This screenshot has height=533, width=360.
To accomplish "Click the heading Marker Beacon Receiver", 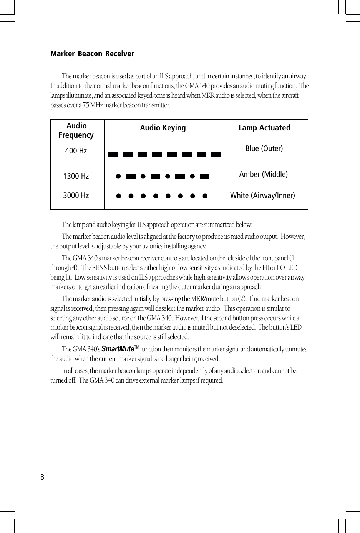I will tap(92, 54).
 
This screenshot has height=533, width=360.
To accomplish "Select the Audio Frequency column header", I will tap(76, 130).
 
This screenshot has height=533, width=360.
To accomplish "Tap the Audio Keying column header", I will tap(163, 128).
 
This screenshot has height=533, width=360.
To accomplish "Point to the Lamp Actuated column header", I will tap(264, 128).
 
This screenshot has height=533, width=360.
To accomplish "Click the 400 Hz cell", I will tap(76, 151).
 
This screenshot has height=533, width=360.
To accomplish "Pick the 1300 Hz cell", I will tap(76, 176).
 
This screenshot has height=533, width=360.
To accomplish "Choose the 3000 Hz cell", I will tap(76, 195).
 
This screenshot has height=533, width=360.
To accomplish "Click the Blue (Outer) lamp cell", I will tap(264, 148).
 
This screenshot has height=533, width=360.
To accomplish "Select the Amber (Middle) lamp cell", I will tap(263, 174).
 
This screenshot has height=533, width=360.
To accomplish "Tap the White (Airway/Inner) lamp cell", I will tap(262, 195).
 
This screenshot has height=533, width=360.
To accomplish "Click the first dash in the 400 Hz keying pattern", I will tap(113, 154).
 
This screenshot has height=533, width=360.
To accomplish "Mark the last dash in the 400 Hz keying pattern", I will tap(216, 154).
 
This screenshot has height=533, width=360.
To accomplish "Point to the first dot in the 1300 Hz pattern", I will tap(118, 177).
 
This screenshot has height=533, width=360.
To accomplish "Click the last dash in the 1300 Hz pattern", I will tap(204, 177).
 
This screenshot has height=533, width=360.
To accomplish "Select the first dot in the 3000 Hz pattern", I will tap(119, 196).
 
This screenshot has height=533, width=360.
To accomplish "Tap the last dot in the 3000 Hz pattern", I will tap(205, 196).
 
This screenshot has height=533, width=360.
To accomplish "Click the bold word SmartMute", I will tap(117, 349).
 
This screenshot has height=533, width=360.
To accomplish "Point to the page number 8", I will tap(42, 477).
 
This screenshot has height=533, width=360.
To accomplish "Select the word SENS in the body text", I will tap(99, 268).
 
